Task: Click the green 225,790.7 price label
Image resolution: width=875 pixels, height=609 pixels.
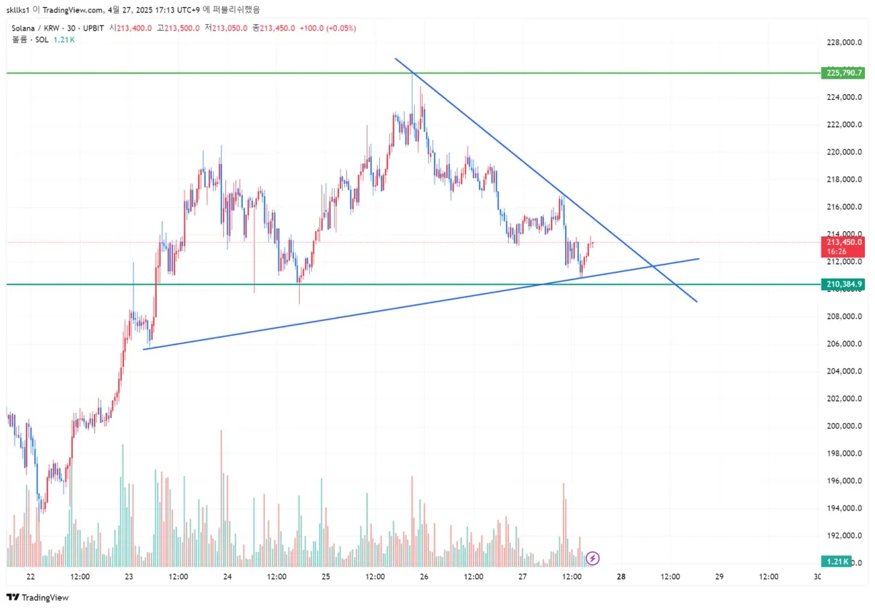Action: [x=843, y=73]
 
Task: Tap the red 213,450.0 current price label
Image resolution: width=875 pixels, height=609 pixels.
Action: [x=843, y=242]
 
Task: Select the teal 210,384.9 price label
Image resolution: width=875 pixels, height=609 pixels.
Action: [x=843, y=284]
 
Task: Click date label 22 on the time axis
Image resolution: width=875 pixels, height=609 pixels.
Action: [x=31, y=576]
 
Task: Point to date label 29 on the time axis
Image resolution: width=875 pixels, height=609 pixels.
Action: [x=719, y=576]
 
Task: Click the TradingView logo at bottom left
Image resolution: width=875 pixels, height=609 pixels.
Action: [x=40, y=597]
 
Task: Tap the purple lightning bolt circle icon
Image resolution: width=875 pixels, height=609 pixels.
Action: [x=593, y=559]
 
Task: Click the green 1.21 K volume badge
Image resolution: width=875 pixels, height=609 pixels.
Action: [x=836, y=561]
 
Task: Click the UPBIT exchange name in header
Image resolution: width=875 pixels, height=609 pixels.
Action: [x=93, y=28]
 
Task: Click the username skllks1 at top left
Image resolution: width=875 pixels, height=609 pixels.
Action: [x=18, y=9]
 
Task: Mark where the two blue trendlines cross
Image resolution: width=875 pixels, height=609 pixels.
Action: [x=651, y=265]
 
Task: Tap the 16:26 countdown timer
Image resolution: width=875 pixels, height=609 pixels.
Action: [x=836, y=251]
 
